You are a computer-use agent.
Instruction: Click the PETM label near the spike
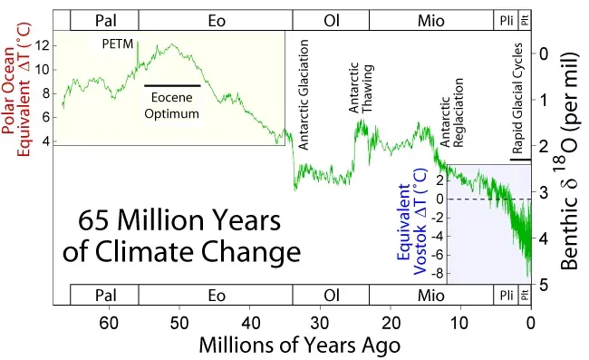116,44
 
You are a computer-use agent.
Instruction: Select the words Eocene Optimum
172,103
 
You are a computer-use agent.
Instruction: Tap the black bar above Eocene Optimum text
172,84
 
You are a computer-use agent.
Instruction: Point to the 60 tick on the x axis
109,322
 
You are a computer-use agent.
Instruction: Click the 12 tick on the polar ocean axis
42,44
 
